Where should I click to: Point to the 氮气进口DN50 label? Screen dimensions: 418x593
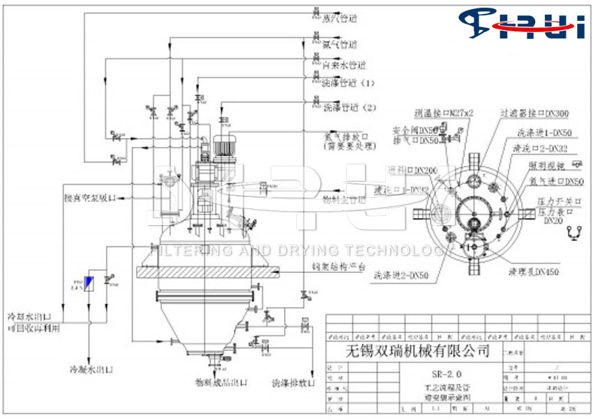pyautogui.click(x=555, y=181)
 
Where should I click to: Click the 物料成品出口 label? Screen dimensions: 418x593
pyautogui.click(x=222, y=382)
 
